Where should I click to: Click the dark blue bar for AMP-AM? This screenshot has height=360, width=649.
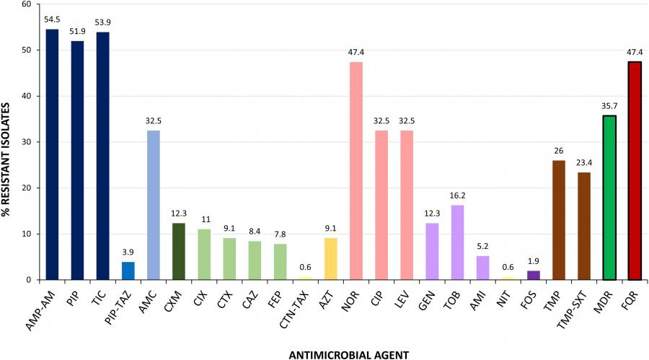tap(52, 154)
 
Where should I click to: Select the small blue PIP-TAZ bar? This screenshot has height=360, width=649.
tap(128, 271)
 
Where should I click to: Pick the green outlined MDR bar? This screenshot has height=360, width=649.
tap(609, 198)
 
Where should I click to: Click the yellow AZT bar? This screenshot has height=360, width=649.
tap(330, 259)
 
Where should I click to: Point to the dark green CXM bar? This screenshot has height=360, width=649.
tap(178, 252)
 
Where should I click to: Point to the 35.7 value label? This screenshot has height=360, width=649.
tap(609, 107)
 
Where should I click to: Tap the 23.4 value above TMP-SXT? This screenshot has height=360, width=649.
tap(583, 164)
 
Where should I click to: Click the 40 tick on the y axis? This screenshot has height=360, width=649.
tap(26, 96)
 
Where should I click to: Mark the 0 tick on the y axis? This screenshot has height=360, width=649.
tap(29, 280)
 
